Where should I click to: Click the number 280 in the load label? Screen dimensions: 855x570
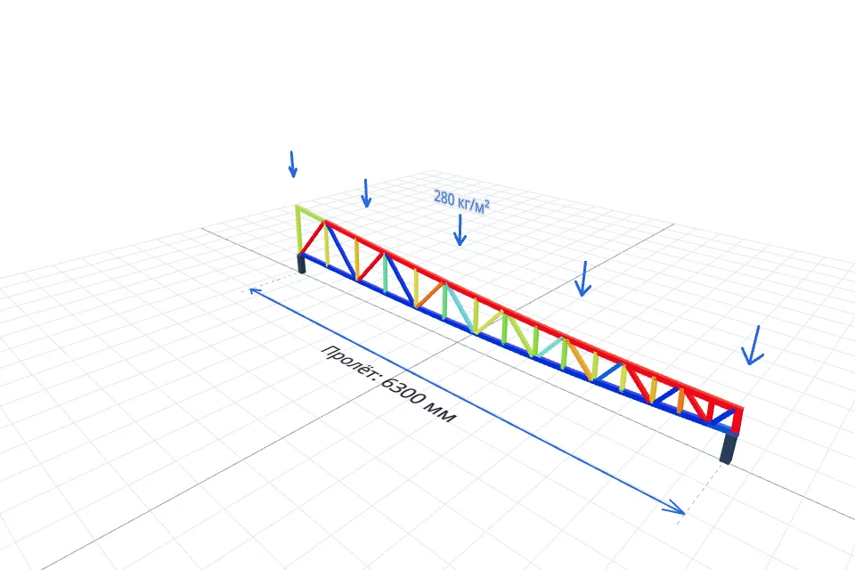point(444,198)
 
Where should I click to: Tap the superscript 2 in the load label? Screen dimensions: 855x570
point(486,203)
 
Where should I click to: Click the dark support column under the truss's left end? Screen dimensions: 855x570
point(302,263)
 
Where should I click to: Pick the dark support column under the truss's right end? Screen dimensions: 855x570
point(729,447)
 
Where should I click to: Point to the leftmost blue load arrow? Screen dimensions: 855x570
point(292,164)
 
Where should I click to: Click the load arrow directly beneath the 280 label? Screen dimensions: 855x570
point(460,230)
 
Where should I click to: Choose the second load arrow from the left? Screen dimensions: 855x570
point(366,193)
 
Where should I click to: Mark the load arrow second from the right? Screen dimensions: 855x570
point(583,279)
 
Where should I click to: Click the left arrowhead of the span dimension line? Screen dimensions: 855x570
point(254,291)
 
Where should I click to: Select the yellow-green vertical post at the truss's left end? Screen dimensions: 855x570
point(298,230)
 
